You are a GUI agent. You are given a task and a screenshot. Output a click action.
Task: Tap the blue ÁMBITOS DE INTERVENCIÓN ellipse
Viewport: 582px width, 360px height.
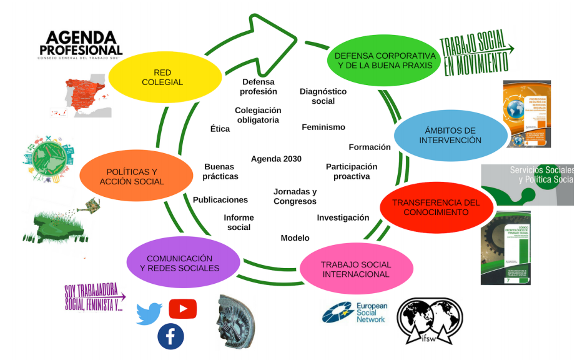click(x=450, y=135)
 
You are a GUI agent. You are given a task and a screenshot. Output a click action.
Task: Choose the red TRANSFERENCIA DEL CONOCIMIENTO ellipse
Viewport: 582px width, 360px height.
click(x=436, y=207)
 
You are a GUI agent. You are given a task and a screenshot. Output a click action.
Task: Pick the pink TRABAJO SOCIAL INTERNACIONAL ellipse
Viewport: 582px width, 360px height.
click(x=355, y=269)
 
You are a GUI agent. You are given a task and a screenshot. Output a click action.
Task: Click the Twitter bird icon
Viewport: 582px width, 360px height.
click(x=149, y=312)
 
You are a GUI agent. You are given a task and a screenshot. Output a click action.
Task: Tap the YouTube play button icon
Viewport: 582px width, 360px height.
click(x=183, y=308)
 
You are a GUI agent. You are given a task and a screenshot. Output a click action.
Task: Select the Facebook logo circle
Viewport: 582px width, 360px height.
click(x=170, y=337)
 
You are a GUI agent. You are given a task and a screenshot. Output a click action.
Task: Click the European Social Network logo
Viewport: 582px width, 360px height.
click(x=354, y=312)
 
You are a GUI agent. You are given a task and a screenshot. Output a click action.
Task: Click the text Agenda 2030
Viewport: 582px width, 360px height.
click(x=276, y=159)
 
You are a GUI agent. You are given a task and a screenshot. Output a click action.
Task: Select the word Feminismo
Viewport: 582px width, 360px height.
click(x=323, y=127)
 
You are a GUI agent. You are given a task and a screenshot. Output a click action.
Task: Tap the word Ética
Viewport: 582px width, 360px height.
click(x=220, y=129)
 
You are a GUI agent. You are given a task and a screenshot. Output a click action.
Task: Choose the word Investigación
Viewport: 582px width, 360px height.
click(x=343, y=217)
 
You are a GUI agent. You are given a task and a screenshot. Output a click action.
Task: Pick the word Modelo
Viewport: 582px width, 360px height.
click(x=295, y=237)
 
